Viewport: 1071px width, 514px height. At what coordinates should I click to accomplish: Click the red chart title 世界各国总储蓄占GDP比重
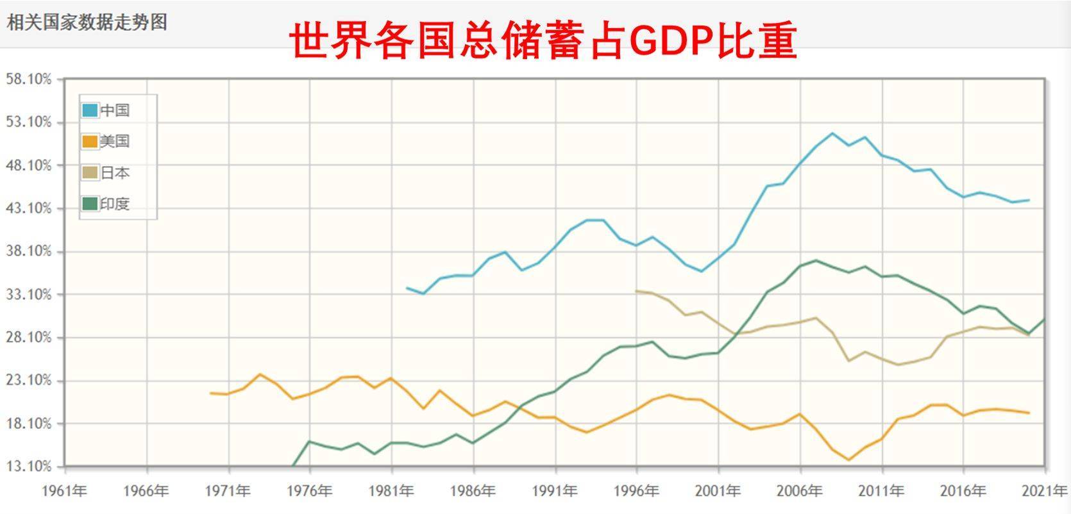(x=543, y=41)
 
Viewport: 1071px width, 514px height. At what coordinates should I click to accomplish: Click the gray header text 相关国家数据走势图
(x=87, y=22)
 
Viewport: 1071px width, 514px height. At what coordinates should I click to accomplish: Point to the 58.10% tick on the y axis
(x=28, y=79)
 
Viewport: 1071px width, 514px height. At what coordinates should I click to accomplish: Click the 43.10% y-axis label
(x=28, y=208)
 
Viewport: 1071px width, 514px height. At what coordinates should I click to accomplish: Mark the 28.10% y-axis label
(x=28, y=338)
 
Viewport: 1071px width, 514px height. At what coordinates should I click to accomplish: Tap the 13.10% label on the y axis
(x=28, y=466)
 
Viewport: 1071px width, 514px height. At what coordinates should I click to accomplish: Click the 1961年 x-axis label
(x=64, y=492)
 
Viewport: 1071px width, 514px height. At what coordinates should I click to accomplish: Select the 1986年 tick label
(x=473, y=492)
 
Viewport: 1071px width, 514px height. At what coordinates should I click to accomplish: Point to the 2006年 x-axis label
(x=799, y=492)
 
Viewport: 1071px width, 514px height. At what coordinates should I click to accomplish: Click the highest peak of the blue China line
(x=832, y=133)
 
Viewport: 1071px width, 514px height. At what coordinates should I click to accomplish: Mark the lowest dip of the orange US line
(x=848, y=460)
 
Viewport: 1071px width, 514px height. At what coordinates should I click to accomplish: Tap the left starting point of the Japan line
(x=636, y=291)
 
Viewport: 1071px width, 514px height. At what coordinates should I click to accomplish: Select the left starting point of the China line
(x=407, y=288)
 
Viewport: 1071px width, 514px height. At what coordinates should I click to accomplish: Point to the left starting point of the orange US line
(x=211, y=393)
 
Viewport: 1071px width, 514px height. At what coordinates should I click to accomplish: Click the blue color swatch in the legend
(x=90, y=110)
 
